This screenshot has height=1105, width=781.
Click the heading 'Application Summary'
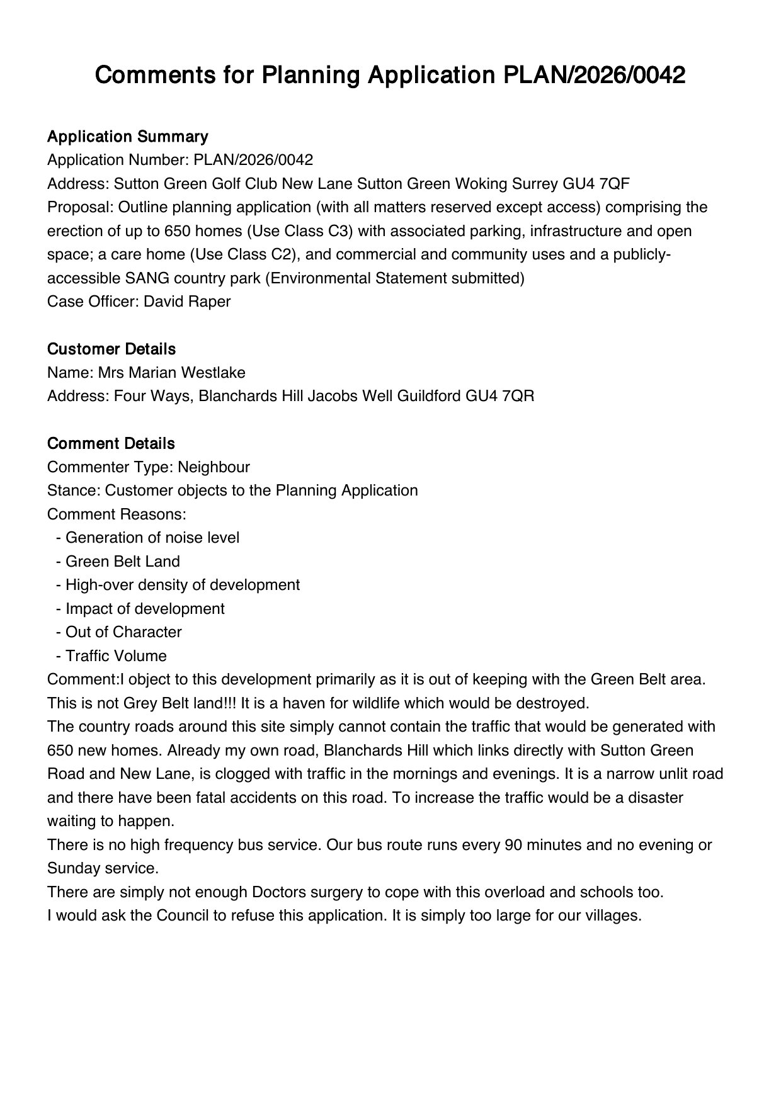click(x=128, y=137)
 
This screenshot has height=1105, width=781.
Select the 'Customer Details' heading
click(x=111, y=349)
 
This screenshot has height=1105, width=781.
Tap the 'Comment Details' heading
click(x=111, y=443)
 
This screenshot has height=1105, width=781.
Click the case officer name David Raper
click(x=187, y=302)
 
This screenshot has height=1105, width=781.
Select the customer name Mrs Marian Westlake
click(x=171, y=373)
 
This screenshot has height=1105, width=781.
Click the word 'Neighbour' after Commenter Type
click(x=214, y=467)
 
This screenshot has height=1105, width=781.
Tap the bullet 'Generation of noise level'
click(x=152, y=538)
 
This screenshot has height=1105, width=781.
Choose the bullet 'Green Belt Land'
click(x=123, y=562)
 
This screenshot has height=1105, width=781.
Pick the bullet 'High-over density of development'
click(x=183, y=585)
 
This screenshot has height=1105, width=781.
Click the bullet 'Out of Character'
click(x=123, y=632)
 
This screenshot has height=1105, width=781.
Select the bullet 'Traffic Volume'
click(x=116, y=656)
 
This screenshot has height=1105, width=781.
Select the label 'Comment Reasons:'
click(x=117, y=514)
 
